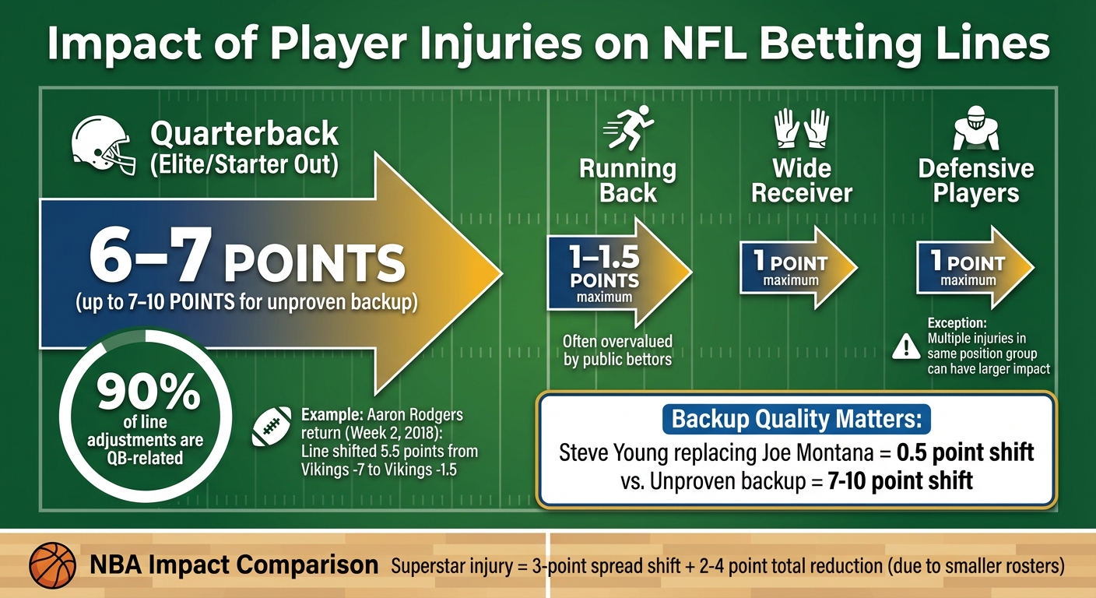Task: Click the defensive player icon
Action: coord(975,130)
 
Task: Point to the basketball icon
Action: coord(52,565)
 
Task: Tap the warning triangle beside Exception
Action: coord(905,346)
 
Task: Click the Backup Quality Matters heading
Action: coord(796,419)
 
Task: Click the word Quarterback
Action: coord(244,134)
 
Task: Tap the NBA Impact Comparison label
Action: coord(234,565)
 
